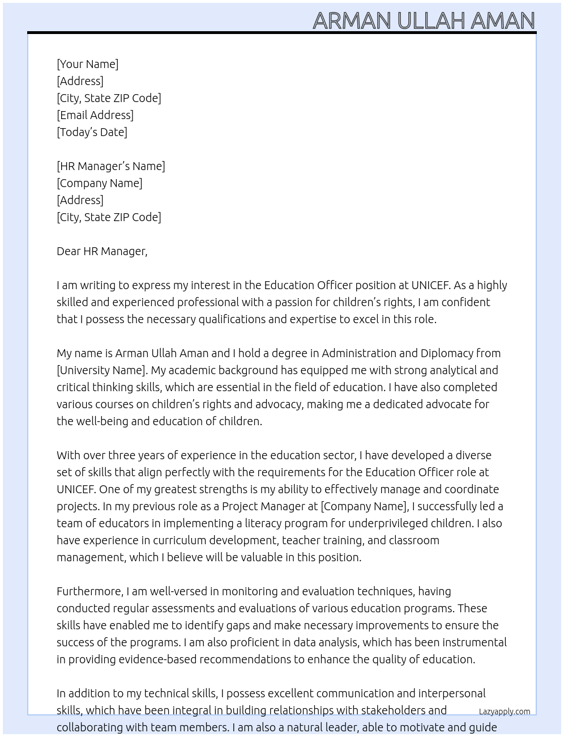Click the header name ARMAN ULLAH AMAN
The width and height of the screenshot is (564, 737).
pyautogui.click(x=424, y=20)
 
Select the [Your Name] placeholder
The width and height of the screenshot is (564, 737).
pyautogui.click(x=87, y=64)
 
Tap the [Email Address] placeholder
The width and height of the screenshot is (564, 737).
pyautogui.click(x=95, y=115)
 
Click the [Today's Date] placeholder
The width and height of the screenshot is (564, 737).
pyautogui.click(x=92, y=132)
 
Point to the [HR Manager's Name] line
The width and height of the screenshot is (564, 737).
pyautogui.click(x=111, y=166)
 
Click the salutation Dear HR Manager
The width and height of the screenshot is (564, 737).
pyautogui.click(x=102, y=251)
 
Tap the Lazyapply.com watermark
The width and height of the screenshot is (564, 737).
pyautogui.click(x=504, y=711)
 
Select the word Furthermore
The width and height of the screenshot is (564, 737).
pyautogui.click(x=89, y=591)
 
